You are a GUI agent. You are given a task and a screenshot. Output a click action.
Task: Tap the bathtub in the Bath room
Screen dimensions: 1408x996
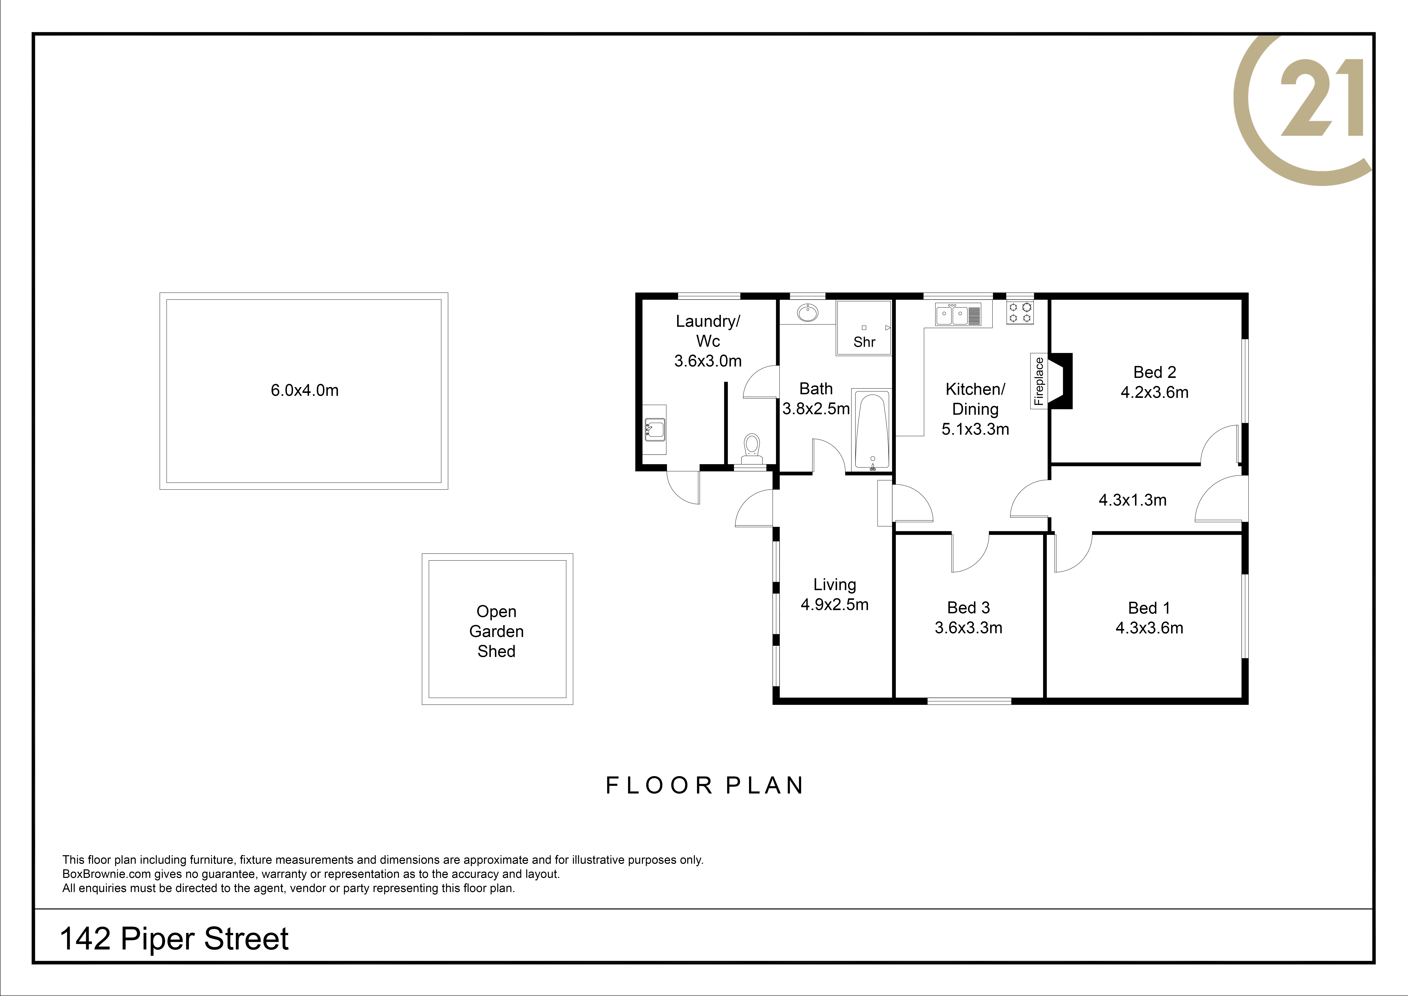click(x=871, y=431)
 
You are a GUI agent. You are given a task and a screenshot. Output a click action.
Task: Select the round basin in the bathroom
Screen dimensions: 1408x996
click(x=808, y=313)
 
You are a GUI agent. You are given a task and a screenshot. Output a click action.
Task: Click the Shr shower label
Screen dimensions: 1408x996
click(x=864, y=342)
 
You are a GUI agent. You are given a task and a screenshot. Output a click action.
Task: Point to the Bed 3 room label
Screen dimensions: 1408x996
click(x=968, y=608)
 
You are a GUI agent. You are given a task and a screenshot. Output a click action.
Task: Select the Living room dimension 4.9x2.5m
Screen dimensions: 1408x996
click(x=835, y=604)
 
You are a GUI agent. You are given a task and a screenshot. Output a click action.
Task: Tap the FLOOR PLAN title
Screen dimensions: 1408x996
click(x=705, y=785)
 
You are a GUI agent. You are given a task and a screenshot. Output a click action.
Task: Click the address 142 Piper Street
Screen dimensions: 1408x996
click(x=174, y=939)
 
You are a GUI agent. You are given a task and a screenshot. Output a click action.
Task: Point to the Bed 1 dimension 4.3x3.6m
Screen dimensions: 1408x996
click(x=1149, y=628)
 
